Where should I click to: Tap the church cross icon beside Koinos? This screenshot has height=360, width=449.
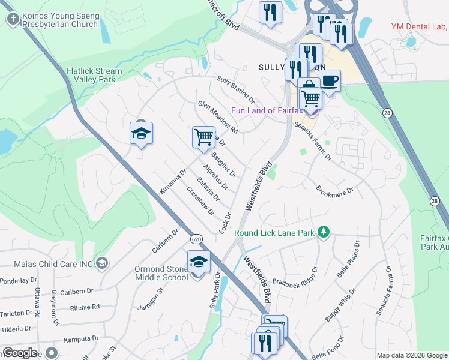coord(12,20)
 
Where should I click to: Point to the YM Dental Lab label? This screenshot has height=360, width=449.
coord(418,26)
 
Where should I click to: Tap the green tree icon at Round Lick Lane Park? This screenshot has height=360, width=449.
coord(324,232)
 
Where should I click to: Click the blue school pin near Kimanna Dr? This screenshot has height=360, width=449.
coord(142,133)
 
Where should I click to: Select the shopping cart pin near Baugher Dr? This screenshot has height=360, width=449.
coord(203,137)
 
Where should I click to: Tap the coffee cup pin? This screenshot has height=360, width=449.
coord(329,80)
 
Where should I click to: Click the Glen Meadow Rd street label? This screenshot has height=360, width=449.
coord(218,118)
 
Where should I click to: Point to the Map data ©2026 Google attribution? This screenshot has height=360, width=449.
coord(412,355)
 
